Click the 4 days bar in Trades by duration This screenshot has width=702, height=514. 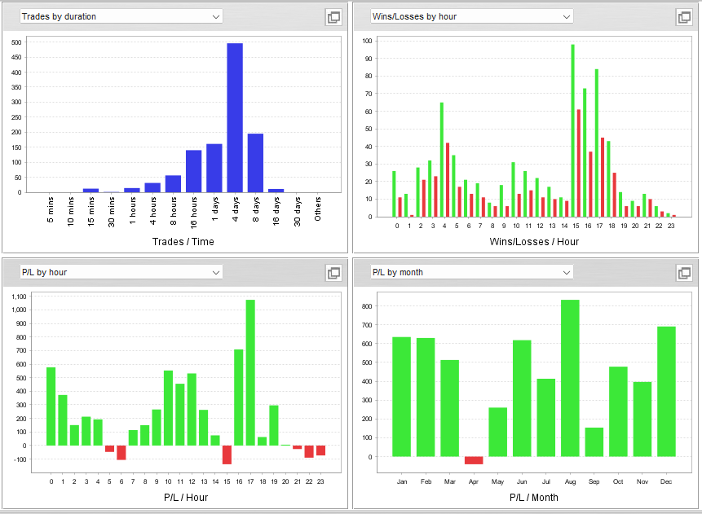[235, 118]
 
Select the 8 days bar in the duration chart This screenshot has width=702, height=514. [255, 163]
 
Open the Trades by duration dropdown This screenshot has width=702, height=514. [121, 16]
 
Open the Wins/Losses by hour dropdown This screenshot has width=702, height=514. [471, 16]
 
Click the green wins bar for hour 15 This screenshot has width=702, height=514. [572, 130]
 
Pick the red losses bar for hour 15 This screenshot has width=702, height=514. [578, 163]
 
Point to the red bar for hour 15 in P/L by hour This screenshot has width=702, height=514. [227, 455]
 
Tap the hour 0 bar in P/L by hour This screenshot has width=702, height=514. [51, 406]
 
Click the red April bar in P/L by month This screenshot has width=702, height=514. [474, 460]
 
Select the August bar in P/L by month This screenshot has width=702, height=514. [570, 378]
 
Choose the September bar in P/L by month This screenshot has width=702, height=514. [594, 442]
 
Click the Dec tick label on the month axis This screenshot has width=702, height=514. [666, 481]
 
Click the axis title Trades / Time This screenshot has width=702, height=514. [183, 241]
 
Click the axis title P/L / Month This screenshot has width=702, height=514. [534, 497]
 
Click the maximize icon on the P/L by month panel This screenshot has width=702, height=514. [683, 273]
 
